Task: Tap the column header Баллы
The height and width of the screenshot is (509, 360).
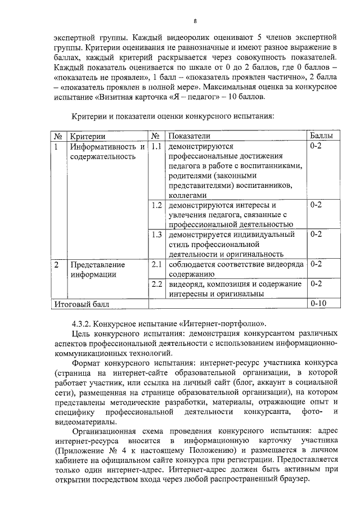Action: (x=321, y=136)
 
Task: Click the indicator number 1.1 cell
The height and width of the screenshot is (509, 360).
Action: (x=157, y=147)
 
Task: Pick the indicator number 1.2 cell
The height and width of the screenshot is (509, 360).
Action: (x=157, y=205)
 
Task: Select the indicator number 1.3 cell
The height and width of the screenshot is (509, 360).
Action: (x=157, y=234)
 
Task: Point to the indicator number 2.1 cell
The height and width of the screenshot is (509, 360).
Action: (x=157, y=263)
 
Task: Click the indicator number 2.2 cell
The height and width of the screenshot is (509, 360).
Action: (x=157, y=283)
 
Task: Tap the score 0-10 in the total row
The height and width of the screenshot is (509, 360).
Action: (x=318, y=304)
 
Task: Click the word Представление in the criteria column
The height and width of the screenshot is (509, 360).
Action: (x=97, y=264)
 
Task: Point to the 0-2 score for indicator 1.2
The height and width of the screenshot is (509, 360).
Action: (x=316, y=205)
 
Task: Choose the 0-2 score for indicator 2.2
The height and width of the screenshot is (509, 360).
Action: (x=316, y=283)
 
